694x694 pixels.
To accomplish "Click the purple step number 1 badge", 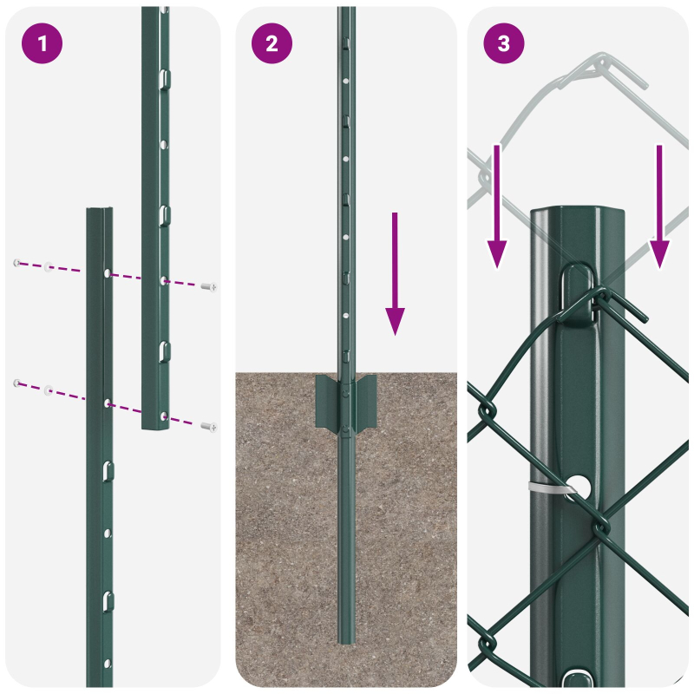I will pyautogui.click(x=43, y=44).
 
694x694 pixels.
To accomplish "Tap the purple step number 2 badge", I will pyautogui.click(x=272, y=44).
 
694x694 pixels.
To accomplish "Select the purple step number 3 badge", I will pyautogui.click(x=504, y=44).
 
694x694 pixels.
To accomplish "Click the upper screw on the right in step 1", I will pyautogui.click(x=208, y=286).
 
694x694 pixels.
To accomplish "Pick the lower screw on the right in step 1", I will pyautogui.click(x=208, y=426).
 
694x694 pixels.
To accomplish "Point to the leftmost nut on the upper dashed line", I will pyautogui.click(x=16, y=262).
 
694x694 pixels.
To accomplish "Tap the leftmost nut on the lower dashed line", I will pyautogui.click(x=16, y=383).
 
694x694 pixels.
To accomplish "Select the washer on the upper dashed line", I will pyautogui.click(x=49, y=266).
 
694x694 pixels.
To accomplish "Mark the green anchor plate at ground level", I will pyautogui.click(x=346, y=403).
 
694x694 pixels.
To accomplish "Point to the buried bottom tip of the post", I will pyautogui.click(x=346, y=640).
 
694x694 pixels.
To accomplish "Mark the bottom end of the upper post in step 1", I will pyautogui.click(x=156, y=426).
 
